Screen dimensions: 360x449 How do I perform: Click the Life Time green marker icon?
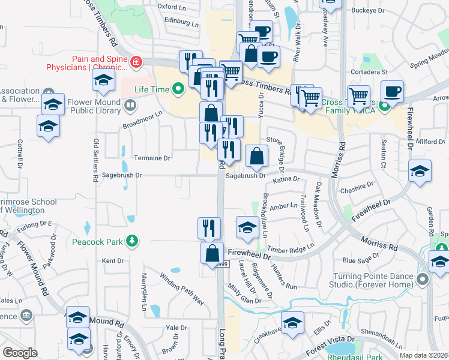tap(177, 90)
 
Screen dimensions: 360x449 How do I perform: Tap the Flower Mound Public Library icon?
tap(130, 106)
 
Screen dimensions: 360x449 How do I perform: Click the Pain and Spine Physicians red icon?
tap(137, 62)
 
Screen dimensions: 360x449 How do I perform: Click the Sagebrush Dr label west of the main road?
tap(122, 175)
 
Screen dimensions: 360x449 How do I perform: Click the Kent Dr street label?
tap(112, 261)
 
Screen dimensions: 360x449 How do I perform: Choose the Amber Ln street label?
tap(283, 206)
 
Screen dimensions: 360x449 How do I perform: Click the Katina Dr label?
tap(286, 179)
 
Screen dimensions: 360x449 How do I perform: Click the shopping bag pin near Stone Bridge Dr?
tap(256, 157)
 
